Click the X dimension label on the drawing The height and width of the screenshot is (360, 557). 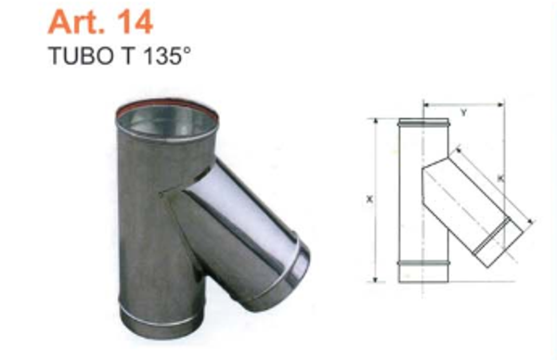369,199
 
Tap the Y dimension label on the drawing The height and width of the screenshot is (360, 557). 462,113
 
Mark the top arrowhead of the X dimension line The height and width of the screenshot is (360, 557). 376,122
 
